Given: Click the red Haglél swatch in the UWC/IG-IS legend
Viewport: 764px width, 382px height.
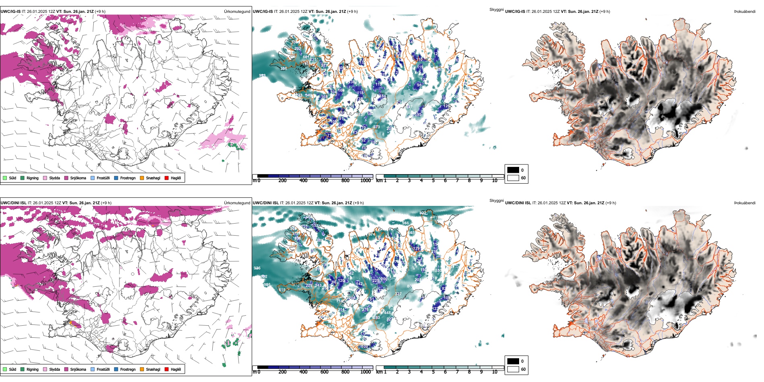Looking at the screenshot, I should [x=166, y=178].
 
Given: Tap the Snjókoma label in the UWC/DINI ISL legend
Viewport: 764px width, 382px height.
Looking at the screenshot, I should [x=78, y=369].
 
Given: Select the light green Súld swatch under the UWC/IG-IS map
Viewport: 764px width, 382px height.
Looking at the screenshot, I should [x=5, y=178].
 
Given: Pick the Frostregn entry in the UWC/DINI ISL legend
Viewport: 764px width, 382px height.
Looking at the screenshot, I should [x=127, y=369].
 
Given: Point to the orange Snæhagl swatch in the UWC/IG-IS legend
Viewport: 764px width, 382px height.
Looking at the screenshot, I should [x=142, y=178].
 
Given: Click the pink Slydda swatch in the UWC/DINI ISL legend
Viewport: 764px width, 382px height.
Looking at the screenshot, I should [x=45, y=369].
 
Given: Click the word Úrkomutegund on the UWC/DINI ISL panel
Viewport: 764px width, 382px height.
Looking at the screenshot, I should [x=237, y=203].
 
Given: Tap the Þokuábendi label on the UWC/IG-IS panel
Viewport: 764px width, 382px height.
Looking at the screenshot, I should [x=745, y=11].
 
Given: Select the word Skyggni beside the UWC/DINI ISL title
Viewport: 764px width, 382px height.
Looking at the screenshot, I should [x=496, y=200].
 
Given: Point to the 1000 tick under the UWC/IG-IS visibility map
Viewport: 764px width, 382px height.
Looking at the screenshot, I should [x=366, y=181].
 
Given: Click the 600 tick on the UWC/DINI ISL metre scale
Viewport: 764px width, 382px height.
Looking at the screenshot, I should [x=324, y=372].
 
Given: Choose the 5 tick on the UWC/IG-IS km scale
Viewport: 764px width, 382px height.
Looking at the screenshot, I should [x=433, y=181].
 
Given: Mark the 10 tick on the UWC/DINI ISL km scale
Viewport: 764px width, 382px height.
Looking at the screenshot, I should [x=495, y=372].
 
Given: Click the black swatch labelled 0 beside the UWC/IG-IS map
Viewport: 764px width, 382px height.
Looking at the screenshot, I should [x=513, y=170].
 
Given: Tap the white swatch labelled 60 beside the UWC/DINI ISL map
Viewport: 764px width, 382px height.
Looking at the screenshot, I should [x=513, y=369].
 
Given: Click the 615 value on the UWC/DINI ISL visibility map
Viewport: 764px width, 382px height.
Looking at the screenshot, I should [x=282, y=290].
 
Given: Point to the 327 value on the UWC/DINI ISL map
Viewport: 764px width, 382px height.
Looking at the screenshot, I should [x=398, y=294].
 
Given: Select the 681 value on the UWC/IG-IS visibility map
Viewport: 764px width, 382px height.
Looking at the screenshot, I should [x=306, y=57].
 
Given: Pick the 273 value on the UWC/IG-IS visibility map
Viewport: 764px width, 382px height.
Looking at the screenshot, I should [x=376, y=127].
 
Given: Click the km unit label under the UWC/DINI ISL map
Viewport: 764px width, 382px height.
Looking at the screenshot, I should [x=379, y=372].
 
